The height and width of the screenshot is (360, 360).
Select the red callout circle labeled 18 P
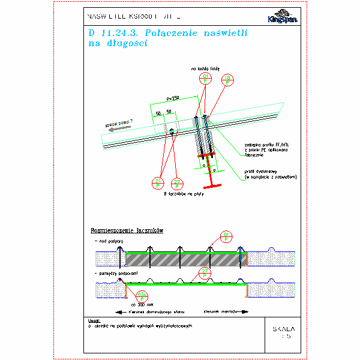227,80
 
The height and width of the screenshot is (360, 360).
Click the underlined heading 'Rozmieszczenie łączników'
127,230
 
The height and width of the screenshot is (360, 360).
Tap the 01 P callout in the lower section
226,235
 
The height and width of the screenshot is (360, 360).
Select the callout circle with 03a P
142,295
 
